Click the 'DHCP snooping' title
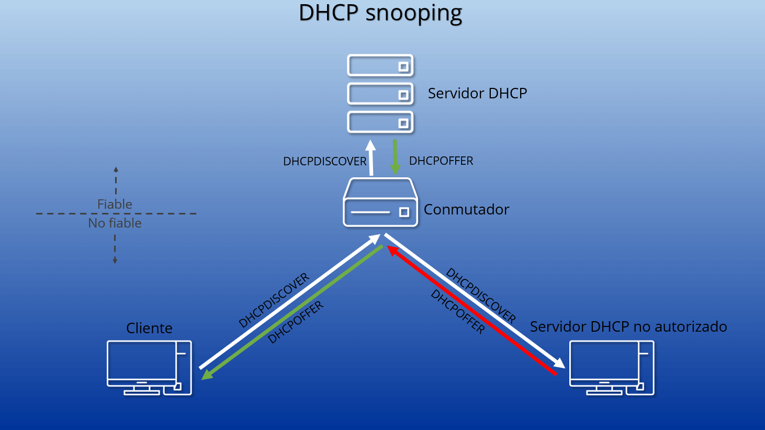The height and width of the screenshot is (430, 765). pos(380,13)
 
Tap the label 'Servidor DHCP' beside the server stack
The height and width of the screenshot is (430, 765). pos(477,93)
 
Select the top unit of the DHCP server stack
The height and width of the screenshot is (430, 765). pos(380,65)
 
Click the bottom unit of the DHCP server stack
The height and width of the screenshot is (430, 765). pos(380,122)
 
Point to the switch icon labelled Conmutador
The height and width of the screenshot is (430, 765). pos(380,202)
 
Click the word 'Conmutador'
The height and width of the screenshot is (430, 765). pos(466,209)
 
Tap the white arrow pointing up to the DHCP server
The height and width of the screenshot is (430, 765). pos(370,158)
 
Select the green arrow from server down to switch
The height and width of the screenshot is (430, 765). pos(395,157)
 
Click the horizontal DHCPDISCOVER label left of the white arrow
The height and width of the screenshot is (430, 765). pos(324,161)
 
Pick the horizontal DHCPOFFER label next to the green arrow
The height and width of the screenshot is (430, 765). pos(441,161)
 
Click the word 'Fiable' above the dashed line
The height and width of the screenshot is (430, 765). pos(115,204)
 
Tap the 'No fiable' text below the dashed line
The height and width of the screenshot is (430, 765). pos(115,223)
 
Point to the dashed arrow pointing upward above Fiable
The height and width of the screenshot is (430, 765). pos(116,180)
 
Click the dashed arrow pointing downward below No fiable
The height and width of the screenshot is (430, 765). pos(115,250)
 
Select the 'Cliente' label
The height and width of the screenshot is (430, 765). pos(149,328)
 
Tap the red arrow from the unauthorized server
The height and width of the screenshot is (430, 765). pos(472,310)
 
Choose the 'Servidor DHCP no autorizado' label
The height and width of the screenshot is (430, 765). pos(628,326)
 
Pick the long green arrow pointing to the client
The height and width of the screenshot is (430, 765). pos(292,313)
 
